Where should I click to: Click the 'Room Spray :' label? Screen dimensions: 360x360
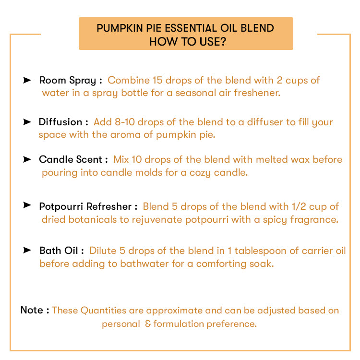(x=71, y=80)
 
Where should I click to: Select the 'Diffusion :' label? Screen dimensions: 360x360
(x=63, y=122)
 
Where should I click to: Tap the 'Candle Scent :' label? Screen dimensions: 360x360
(x=73, y=159)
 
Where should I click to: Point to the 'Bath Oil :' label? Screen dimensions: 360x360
(x=62, y=251)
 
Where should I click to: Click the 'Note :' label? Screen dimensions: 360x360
(x=35, y=310)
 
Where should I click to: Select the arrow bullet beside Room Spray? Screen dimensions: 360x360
(x=27, y=80)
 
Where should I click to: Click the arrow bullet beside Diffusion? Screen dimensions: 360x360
(x=27, y=122)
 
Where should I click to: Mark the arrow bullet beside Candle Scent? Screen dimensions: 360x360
(x=27, y=159)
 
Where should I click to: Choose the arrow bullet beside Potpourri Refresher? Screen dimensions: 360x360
(x=27, y=205)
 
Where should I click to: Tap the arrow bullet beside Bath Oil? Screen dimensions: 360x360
(x=27, y=250)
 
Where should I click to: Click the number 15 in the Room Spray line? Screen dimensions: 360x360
(x=158, y=80)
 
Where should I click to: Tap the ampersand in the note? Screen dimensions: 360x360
(x=148, y=324)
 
